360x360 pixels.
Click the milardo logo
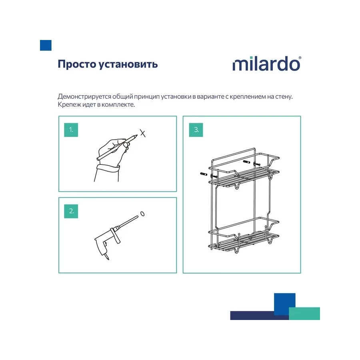[266, 64]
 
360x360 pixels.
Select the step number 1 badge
[71, 130]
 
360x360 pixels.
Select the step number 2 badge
[71, 211]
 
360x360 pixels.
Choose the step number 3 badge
[196, 130]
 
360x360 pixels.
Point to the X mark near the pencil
[143, 133]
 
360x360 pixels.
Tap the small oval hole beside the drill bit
[143, 214]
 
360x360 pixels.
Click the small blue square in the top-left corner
[46, 45]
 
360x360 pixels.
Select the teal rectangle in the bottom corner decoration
[304, 313]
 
